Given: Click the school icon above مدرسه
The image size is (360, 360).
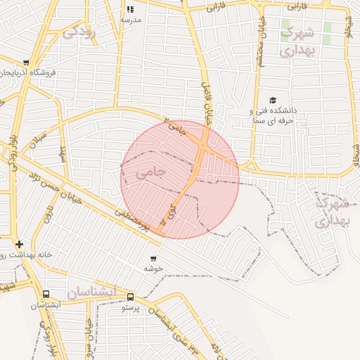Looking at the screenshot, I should [130, 9].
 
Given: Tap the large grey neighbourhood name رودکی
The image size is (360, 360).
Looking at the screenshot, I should [79, 32].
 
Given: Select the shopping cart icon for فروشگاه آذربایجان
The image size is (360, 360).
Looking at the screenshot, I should [26, 63].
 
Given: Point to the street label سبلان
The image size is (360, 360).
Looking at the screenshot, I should [37, 140].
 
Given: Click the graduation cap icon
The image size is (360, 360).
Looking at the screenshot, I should [273, 101].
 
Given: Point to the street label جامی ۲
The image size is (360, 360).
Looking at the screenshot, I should [176, 126].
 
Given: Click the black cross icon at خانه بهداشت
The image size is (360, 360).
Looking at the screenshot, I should [19, 244].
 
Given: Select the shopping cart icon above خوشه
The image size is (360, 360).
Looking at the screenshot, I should [153, 259].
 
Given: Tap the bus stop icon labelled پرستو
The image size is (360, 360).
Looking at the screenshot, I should [131, 297].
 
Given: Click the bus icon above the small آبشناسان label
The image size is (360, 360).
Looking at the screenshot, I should [46, 295].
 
